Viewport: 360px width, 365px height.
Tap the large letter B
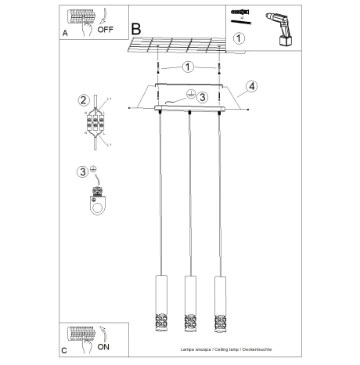(x=138, y=29)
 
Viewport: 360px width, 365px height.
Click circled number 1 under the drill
(x=239, y=37)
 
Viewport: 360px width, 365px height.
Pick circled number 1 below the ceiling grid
(x=188, y=67)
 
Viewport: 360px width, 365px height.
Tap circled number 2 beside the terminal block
(x=82, y=99)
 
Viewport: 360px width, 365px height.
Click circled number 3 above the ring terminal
(x=82, y=172)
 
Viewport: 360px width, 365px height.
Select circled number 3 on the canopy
(x=203, y=97)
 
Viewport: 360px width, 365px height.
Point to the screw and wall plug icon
(x=239, y=16)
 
